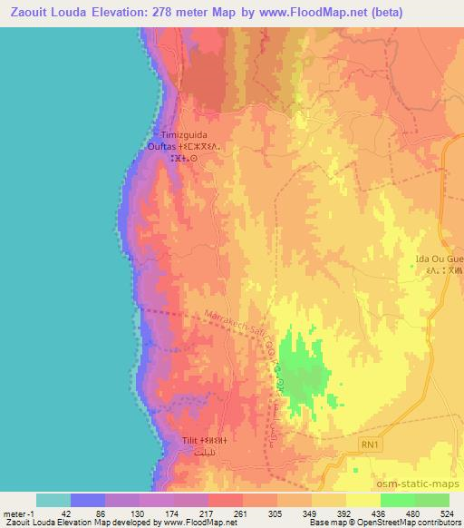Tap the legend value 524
pyautogui.click(x=449, y=513)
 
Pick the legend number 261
pyautogui.click(x=241, y=513)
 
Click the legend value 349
pyautogui.click(x=310, y=513)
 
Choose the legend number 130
pyautogui.click(x=137, y=513)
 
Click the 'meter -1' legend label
pyautogui.click(x=19, y=513)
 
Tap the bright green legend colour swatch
pyautogui.click(x=398, y=500)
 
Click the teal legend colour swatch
pyautogui.click(x=53, y=500)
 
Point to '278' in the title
pyautogui.click(x=166, y=12)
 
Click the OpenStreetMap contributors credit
pyautogui.click(x=400, y=523)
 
